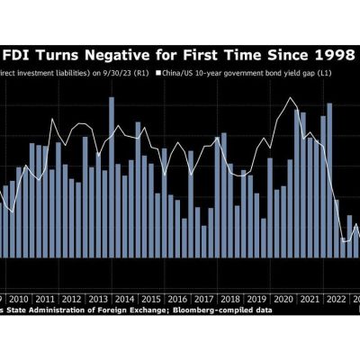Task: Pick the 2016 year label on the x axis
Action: click(177, 298)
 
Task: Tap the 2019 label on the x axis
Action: click(256, 298)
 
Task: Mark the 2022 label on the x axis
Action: click(335, 298)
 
